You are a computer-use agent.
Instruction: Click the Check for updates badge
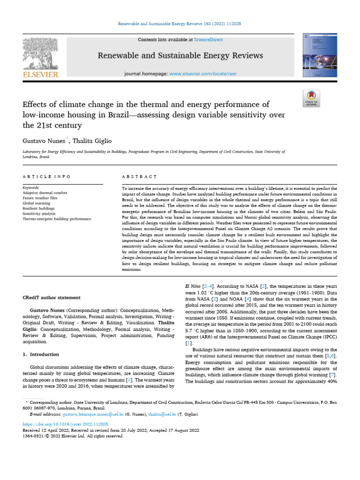tap(311, 98)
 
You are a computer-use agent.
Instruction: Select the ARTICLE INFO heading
tap(46, 177)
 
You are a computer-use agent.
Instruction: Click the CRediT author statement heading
tap(52, 297)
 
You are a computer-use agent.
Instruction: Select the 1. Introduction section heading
tap(41, 354)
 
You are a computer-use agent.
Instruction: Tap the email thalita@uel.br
tap(162, 414)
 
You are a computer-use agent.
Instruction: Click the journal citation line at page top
tap(180, 23)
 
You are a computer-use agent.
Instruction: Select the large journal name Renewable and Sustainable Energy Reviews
tap(180, 56)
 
